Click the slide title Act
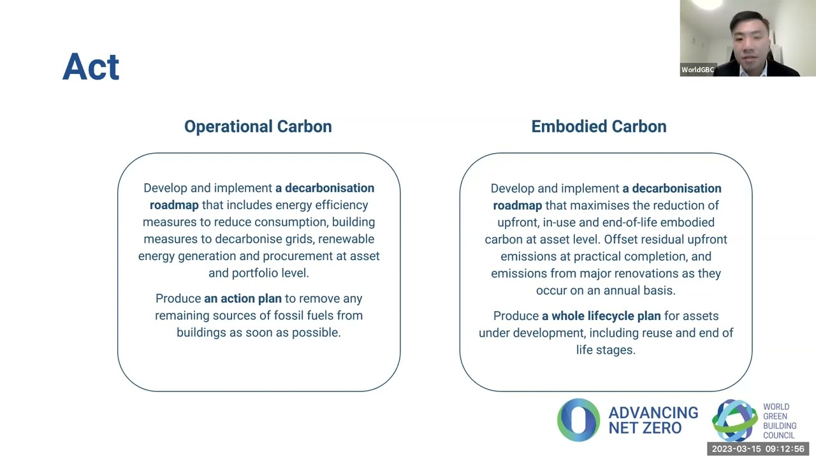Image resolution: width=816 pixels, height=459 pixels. (x=91, y=67)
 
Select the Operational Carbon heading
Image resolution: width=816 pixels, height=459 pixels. (x=258, y=126)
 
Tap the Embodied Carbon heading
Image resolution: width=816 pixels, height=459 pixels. (x=599, y=126)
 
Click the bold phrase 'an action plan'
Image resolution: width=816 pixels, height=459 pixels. (x=242, y=298)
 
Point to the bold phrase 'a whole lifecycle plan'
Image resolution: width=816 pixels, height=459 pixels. (x=601, y=316)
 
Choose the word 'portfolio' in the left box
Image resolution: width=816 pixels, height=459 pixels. (x=259, y=273)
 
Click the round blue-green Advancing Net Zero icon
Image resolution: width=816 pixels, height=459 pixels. (x=578, y=420)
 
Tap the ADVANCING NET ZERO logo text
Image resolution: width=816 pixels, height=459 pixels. (x=653, y=421)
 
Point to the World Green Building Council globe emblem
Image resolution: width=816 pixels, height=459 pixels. (x=734, y=419)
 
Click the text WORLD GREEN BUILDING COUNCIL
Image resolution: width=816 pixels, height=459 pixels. (x=779, y=421)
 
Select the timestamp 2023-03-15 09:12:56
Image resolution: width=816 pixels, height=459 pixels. (x=758, y=449)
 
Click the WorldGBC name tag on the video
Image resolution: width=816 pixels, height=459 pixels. (x=697, y=70)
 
